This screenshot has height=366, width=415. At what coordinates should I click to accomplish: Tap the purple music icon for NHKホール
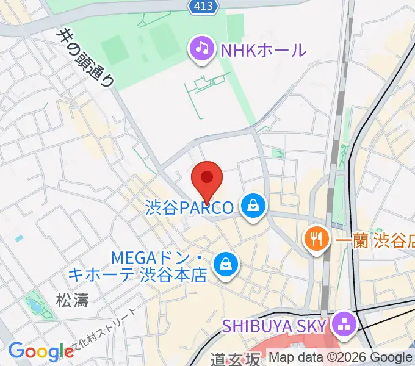[x=201, y=48]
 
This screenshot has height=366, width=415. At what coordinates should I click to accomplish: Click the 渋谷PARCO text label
[x=189, y=208]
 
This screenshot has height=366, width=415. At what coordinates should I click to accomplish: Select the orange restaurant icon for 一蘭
[x=315, y=239]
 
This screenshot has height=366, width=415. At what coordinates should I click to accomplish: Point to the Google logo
[x=41, y=351]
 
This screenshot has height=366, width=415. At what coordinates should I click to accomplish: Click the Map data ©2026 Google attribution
[x=340, y=357]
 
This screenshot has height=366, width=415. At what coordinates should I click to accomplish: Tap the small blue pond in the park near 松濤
[x=31, y=303]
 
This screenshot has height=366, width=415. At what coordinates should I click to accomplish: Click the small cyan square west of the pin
[x=19, y=238]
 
